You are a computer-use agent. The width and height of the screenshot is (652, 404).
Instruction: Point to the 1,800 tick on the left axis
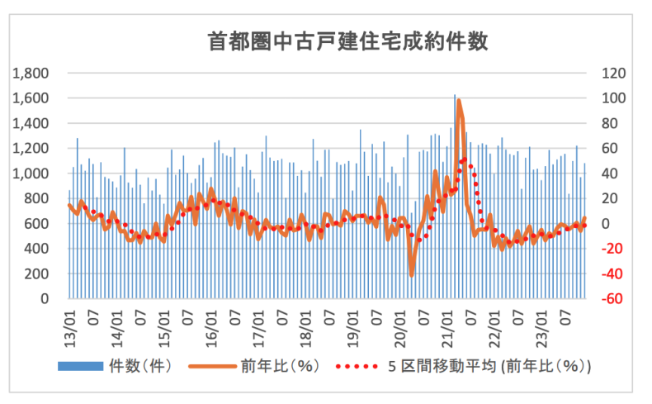click(x=37, y=74)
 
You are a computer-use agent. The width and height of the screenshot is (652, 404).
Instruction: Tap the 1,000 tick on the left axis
click(x=37, y=173)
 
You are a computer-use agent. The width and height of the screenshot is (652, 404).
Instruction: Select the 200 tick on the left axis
click(x=45, y=273)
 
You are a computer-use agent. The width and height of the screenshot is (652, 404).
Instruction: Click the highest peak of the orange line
click(x=458, y=101)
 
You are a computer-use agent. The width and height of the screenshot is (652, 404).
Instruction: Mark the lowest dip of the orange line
click(x=411, y=274)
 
